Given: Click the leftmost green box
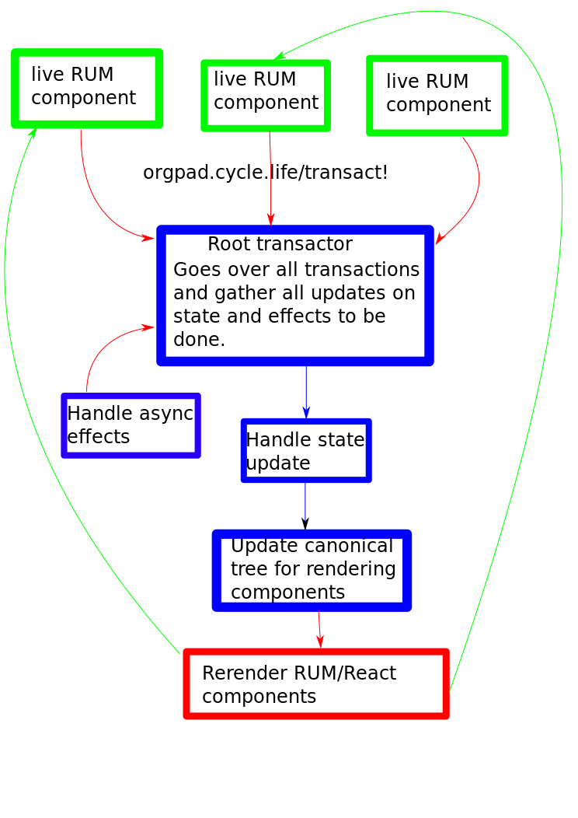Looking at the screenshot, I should tap(87, 88).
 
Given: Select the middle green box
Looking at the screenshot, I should tap(266, 95).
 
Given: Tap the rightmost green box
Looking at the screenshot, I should tap(437, 96).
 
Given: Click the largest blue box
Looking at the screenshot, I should tap(295, 295).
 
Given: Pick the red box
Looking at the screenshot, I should tap(316, 683).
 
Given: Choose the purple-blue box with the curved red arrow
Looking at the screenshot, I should tap(131, 425).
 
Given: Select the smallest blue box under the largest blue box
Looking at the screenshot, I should tap(306, 450).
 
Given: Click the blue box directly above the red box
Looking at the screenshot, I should tap(312, 570).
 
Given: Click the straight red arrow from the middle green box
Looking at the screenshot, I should tap(270, 179).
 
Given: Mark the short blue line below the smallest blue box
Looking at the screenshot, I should tap(305, 502).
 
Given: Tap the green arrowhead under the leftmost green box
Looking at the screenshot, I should tap(33, 134).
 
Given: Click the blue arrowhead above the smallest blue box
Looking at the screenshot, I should tap(306, 411).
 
